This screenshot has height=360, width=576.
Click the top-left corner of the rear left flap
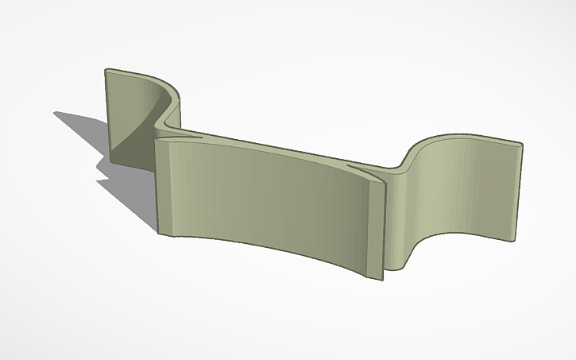pyautogui.click(x=106, y=70)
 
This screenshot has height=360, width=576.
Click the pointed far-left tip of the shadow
pyautogui.click(x=55, y=113)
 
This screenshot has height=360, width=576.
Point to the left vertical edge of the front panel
pyautogui.click(x=157, y=187)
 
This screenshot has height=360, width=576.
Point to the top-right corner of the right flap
pyautogui.click(x=522, y=145)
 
